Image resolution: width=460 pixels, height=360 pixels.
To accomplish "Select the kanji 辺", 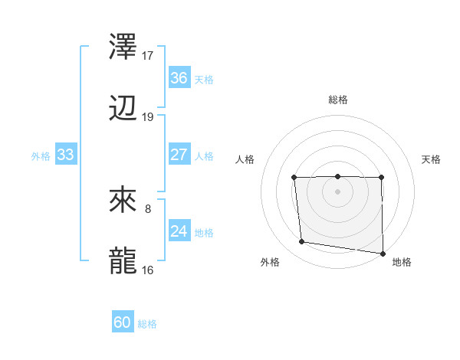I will point(124,110).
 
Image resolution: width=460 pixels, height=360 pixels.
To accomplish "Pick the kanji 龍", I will point(124,260).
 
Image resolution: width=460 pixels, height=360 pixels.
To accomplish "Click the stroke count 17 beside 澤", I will point(148,55).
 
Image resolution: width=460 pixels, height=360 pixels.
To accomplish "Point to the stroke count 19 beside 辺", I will point(148,117).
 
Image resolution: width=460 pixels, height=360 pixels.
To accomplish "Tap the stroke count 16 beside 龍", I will point(148,270).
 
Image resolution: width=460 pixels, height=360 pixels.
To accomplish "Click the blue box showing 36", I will point(179,78).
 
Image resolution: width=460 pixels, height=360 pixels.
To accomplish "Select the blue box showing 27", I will point(179,155).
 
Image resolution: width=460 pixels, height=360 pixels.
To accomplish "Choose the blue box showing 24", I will point(179,231).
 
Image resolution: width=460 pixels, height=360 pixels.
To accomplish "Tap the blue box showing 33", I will point(66,155).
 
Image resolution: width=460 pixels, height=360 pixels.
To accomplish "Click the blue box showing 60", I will point(123,322).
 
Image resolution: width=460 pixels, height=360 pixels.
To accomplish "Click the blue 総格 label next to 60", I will point(147,324).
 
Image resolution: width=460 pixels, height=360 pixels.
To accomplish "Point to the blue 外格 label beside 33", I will point(41,156).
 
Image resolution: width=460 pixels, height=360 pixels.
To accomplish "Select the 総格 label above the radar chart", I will point(337,100).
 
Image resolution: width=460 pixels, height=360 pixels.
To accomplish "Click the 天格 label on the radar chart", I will point(432,159).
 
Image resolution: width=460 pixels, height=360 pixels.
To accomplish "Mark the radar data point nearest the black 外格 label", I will point(302,242).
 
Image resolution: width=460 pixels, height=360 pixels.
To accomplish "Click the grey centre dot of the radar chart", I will point(337,191).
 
